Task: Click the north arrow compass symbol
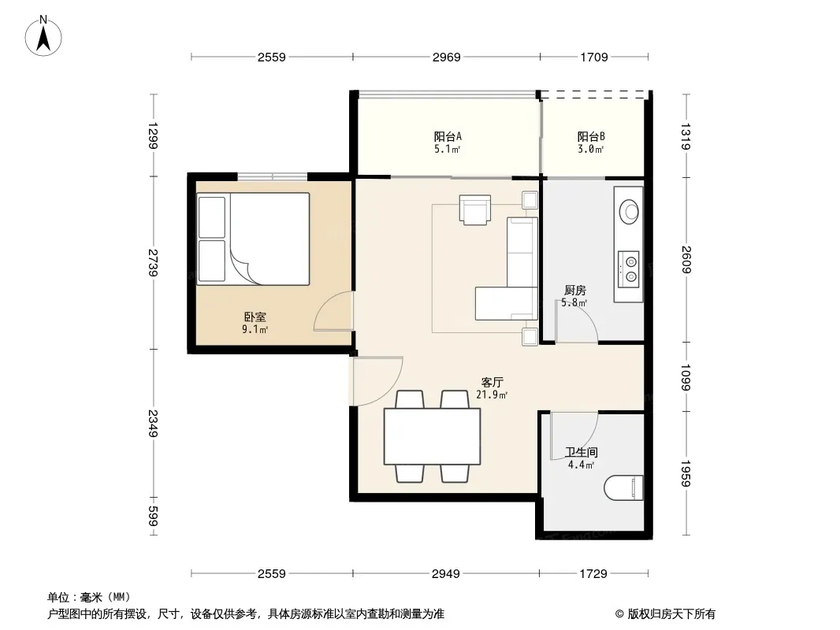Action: (x=43, y=36)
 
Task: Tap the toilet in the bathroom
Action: (x=623, y=488)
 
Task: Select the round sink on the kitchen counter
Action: (x=629, y=212)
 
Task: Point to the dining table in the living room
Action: (x=432, y=436)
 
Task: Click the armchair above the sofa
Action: (x=474, y=209)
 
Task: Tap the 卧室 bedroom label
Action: (x=255, y=317)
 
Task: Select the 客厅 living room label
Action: (x=492, y=382)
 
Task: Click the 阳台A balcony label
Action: (x=448, y=136)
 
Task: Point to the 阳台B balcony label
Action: (x=591, y=136)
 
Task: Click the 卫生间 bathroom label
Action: (x=582, y=452)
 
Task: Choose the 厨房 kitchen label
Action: (x=574, y=290)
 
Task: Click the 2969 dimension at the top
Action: (x=446, y=57)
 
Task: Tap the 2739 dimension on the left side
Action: (x=153, y=262)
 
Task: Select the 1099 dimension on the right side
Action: (x=686, y=377)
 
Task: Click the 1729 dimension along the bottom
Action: (x=593, y=574)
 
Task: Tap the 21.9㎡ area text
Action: (x=492, y=395)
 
